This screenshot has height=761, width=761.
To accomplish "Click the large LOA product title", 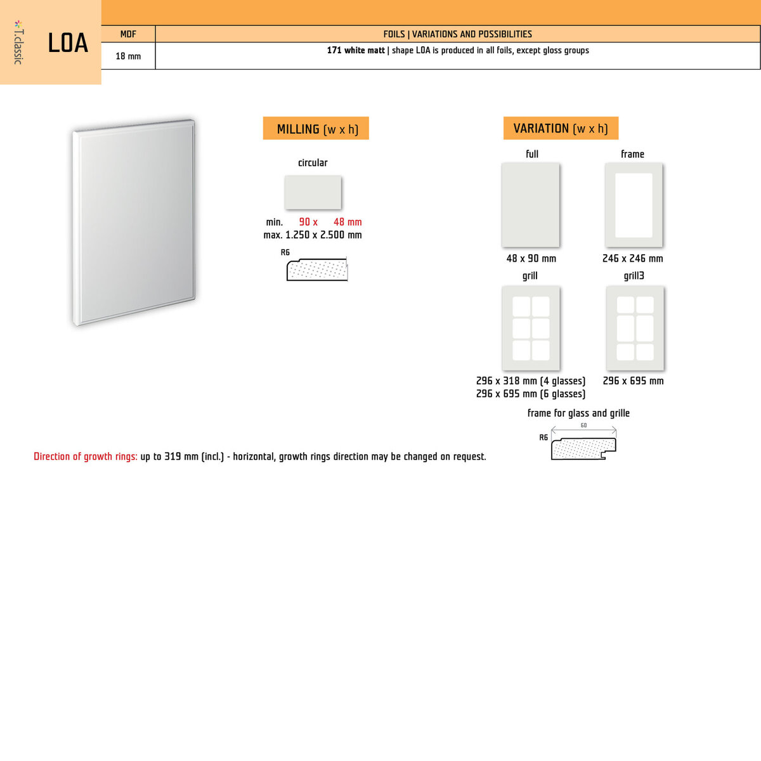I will (x=68, y=43).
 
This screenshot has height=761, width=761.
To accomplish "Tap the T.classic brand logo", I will (x=18, y=42).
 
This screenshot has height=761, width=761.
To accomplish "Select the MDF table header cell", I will (x=128, y=34).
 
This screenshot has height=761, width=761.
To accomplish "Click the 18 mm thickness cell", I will (x=128, y=56).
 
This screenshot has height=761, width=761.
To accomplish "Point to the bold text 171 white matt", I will (x=356, y=51).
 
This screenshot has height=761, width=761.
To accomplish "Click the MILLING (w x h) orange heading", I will (x=316, y=129).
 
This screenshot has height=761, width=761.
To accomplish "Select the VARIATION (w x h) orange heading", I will (x=561, y=128).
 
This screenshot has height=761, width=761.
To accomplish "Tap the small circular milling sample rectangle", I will (x=313, y=192).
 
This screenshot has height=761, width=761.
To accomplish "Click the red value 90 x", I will (x=308, y=222).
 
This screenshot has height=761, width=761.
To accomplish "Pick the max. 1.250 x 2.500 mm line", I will (x=313, y=235).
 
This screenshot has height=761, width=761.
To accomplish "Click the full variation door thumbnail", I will (x=530, y=205).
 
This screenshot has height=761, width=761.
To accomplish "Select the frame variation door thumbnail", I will (x=634, y=205).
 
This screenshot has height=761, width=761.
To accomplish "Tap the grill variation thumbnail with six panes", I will (x=531, y=328).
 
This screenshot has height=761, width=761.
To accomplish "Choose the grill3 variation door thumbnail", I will (x=635, y=328).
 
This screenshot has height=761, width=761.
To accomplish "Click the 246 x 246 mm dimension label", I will (x=632, y=259).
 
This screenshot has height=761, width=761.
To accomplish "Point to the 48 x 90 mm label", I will (x=531, y=259).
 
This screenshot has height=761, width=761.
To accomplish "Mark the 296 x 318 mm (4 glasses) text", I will (x=530, y=381).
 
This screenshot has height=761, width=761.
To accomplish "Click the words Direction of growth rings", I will (x=86, y=457).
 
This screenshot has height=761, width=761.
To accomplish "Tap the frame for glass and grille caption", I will (x=578, y=413).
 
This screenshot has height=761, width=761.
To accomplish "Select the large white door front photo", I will (x=134, y=222).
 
